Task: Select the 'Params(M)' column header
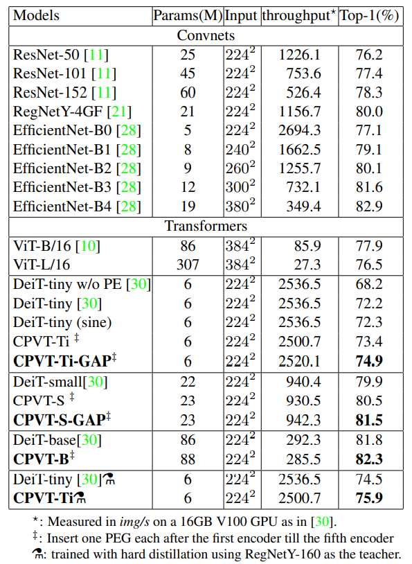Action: tap(186, 15)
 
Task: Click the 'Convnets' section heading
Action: tap(206, 34)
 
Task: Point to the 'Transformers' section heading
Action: tap(206, 226)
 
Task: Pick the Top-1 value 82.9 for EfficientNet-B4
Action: tap(369, 206)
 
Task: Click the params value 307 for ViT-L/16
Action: tap(187, 264)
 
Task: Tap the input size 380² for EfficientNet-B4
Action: tap(240, 206)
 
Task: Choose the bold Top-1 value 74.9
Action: tap(369, 360)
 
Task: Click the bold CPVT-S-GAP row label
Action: tap(62, 419)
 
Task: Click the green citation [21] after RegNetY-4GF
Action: tap(120, 111)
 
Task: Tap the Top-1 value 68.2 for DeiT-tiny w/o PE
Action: tap(369, 284)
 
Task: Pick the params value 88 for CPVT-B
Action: tap(187, 458)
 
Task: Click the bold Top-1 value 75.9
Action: tap(369, 497)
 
